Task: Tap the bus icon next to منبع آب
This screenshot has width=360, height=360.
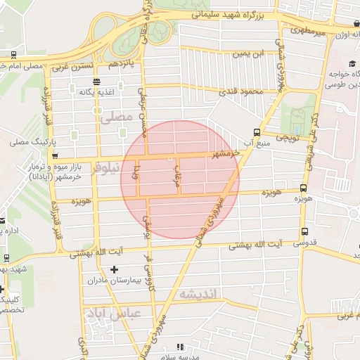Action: click(257, 131)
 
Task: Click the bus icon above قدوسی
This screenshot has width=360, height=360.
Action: click(304, 231)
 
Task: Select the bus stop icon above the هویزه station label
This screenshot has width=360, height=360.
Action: click(303, 188)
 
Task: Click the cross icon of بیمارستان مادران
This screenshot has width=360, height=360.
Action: click(115, 269)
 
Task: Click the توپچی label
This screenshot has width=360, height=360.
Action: click(285, 138)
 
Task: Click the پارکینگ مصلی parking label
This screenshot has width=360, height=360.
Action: click(27, 142)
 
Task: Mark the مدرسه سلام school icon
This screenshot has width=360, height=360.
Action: click(179, 347)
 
